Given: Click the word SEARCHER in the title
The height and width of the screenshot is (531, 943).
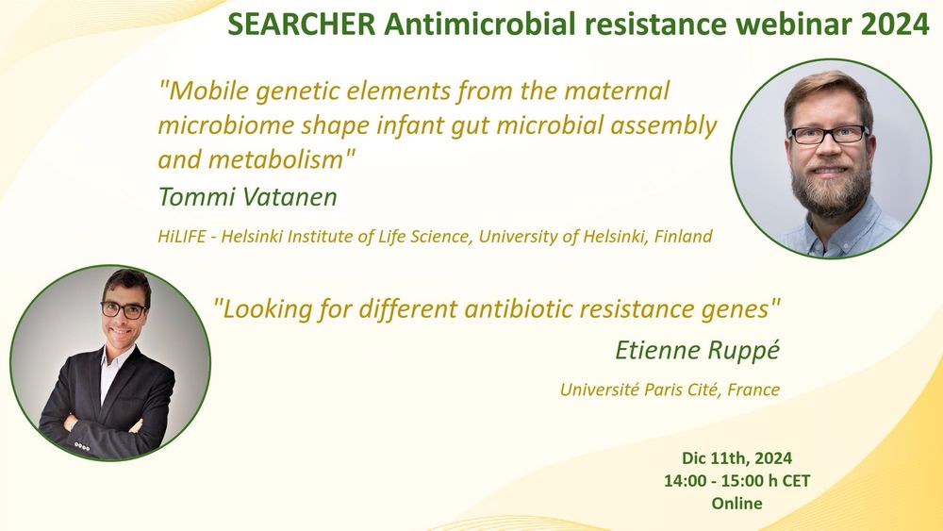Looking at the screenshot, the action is (x=302, y=25).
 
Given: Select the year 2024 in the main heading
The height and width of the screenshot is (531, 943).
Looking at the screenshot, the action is (x=895, y=25).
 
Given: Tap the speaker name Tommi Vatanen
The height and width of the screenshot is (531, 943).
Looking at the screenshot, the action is (x=248, y=196).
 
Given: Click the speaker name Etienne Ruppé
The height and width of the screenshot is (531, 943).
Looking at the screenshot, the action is (x=697, y=350).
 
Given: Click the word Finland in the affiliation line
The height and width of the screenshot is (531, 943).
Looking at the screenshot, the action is (x=683, y=236).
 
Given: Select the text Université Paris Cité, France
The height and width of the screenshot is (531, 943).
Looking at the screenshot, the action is (x=670, y=390).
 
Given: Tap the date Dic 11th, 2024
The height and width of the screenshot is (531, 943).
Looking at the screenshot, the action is (x=736, y=458).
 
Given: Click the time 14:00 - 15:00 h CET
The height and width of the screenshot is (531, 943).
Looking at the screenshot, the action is (x=736, y=480).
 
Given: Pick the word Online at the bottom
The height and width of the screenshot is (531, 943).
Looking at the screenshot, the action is (x=736, y=503).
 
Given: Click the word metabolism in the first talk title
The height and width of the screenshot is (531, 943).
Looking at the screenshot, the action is (x=276, y=160).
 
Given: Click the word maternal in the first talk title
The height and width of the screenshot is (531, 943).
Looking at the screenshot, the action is (x=617, y=91).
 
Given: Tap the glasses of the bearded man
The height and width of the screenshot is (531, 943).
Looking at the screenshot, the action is (x=828, y=135).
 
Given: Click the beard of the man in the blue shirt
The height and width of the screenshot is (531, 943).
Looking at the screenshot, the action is (x=831, y=187).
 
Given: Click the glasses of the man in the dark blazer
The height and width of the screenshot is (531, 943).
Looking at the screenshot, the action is (x=124, y=310).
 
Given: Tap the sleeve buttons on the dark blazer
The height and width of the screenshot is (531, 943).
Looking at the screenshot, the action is (x=82, y=446).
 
